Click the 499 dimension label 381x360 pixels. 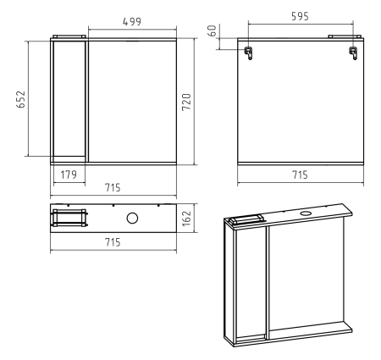[132, 21]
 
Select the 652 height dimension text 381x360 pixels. [21, 99]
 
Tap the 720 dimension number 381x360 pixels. [186, 102]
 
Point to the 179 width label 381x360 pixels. [69, 174]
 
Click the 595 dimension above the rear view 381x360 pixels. [300, 16]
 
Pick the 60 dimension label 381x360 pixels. [213, 30]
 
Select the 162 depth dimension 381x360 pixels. [186, 219]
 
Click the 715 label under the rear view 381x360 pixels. [300, 174]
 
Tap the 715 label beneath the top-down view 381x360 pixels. [113, 242]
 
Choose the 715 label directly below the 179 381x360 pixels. [113, 187]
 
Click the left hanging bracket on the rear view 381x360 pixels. [249, 53]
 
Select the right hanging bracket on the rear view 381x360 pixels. [353, 53]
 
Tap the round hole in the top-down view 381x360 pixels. [132, 219]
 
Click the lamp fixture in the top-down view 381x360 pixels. [69, 218]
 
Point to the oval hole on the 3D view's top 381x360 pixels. [305, 213]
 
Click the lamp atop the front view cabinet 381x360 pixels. [69, 36]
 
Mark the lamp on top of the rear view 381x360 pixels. [345, 36]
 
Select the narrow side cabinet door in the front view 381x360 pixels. [69, 98]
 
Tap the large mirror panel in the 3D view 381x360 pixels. [306, 277]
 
